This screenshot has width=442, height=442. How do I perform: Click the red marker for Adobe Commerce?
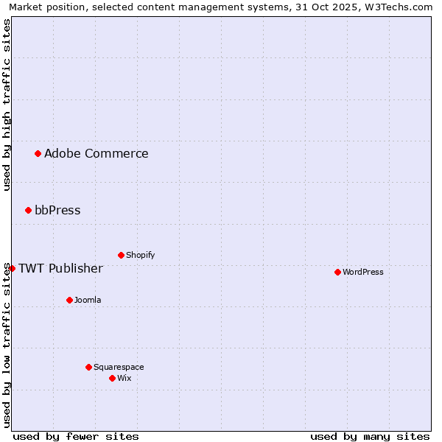(38, 153)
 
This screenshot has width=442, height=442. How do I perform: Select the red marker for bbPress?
(29, 210)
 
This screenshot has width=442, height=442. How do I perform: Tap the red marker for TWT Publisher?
(12, 268)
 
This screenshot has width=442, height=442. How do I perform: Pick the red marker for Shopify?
(121, 255)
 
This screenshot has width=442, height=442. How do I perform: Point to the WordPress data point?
(337, 272)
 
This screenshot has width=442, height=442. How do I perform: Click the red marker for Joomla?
(69, 300)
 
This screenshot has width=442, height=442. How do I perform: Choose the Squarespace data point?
(88, 367)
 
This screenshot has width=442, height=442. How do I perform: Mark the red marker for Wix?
(112, 378)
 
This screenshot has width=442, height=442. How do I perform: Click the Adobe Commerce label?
(96, 153)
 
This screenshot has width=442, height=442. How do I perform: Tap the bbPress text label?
(57, 210)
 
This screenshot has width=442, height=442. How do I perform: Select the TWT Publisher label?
(60, 268)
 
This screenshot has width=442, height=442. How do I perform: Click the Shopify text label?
(140, 255)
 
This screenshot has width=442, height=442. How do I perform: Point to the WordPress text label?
(362, 272)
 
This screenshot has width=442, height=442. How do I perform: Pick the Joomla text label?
(88, 300)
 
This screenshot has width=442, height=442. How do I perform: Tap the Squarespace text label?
(119, 367)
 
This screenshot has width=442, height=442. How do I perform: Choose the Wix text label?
(124, 378)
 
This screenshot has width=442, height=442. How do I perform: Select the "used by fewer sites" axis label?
(76, 436)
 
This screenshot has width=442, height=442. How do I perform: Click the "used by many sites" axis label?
(370, 436)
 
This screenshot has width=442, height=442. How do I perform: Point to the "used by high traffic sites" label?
(7, 105)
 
